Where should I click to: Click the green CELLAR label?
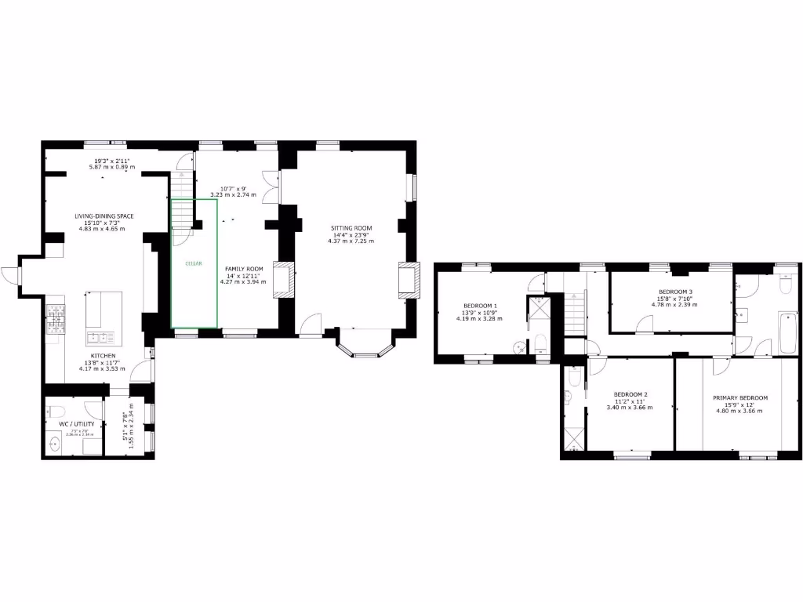tap(194, 263)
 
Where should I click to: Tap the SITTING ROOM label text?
tap(351, 228)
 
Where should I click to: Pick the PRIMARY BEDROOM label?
tap(739, 397)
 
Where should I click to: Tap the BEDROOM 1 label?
tap(479, 305)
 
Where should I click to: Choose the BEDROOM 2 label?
tap(630, 393)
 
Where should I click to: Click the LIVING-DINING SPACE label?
tap(104, 216)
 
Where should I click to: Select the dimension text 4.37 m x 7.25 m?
tap(351, 241)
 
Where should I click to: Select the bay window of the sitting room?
tap(365, 349)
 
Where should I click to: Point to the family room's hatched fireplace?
tap(281, 280)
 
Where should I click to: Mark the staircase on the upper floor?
tap(576, 312)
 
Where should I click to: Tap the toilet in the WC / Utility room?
tap(55, 410)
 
